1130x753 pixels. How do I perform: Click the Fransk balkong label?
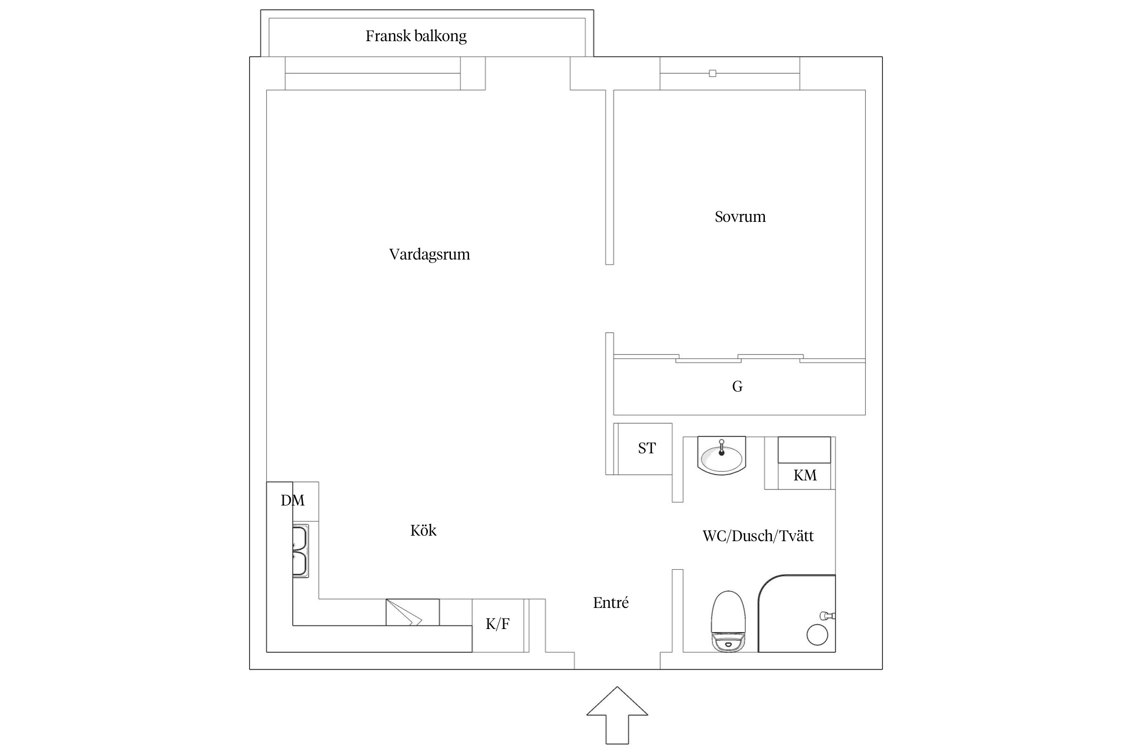tap(416, 36)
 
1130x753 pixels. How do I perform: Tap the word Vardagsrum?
tap(429, 255)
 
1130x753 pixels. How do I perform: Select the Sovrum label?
tap(740, 217)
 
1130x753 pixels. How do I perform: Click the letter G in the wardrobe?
tap(737, 387)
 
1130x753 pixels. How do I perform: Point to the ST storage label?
tap(647, 448)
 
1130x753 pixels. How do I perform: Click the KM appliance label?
tap(805, 475)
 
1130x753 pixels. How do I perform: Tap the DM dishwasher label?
tap(292, 500)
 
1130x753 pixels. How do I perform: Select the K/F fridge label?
tap(497, 624)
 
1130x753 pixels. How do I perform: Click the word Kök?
tap(423, 531)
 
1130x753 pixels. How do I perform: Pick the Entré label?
tap(610, 603)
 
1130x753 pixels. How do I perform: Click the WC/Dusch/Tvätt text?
tap(757, 536)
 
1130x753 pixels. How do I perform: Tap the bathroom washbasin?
tap(722, 457)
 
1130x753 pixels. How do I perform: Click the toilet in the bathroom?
tap(728, 621)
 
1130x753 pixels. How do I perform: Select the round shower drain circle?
tap(817, 635)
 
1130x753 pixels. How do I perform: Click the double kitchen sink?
tap(300, 551)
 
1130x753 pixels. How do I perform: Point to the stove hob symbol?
tap(412, 612)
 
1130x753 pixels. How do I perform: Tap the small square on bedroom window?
tap(712, 73)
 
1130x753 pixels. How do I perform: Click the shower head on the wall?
tap(826, 615)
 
